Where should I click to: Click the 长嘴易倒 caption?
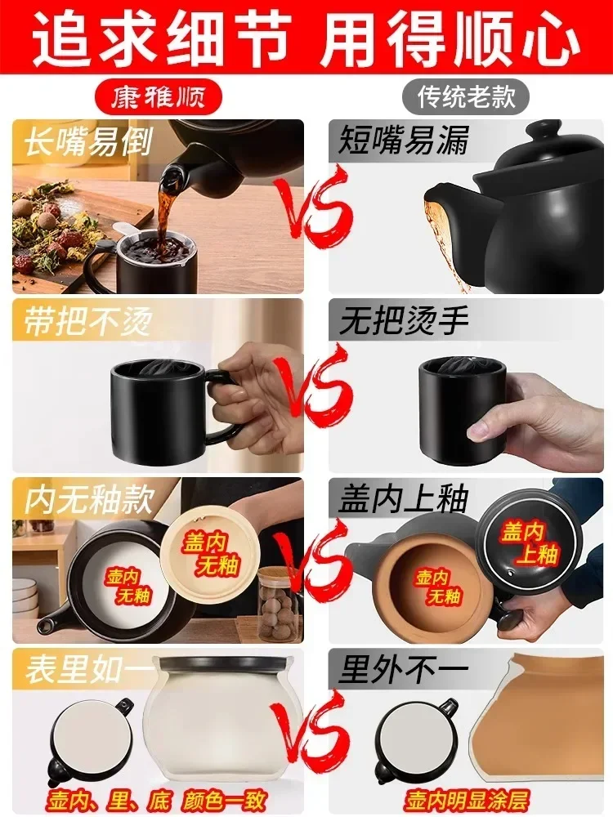click(x=88, y=142)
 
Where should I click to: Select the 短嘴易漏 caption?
click(x=404, y=141)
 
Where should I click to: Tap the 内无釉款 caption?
click(x=88, y=500)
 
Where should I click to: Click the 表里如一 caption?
click(x=88, y=672)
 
